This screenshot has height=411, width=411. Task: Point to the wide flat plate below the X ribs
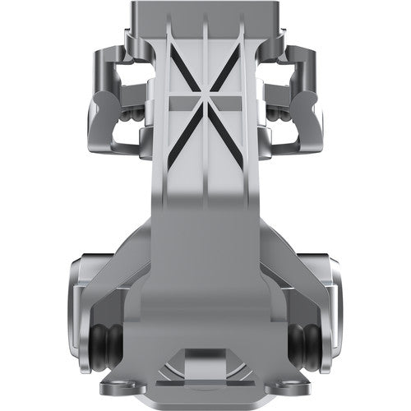click(x=205, y=247)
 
